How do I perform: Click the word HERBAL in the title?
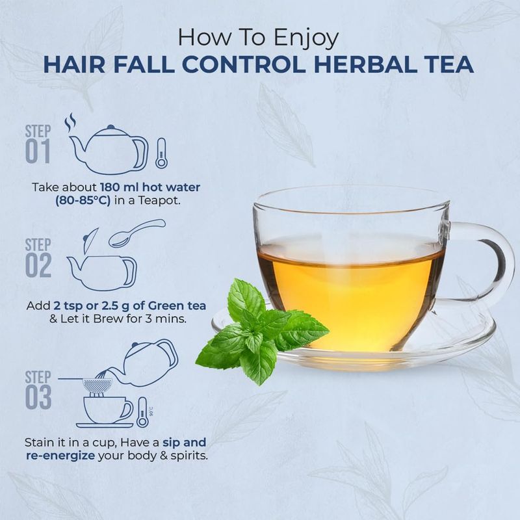point(366,64)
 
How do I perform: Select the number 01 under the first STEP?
point(38,151)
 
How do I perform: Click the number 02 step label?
point(38,265)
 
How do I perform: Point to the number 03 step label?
point(38,397)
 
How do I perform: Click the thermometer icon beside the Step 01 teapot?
point(161,153)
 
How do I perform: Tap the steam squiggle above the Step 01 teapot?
point(70,123)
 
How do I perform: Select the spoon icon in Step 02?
point(137,233)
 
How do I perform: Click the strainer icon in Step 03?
point(96,385)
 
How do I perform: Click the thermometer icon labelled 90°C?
point(142,412)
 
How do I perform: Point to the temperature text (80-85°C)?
point(83,201)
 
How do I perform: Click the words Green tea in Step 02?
point(177,305)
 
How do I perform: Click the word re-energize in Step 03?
point(60,456)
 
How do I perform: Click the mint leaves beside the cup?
point(262,331)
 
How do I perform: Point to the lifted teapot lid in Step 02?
point(90,237)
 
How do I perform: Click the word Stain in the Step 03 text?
point(40,442)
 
